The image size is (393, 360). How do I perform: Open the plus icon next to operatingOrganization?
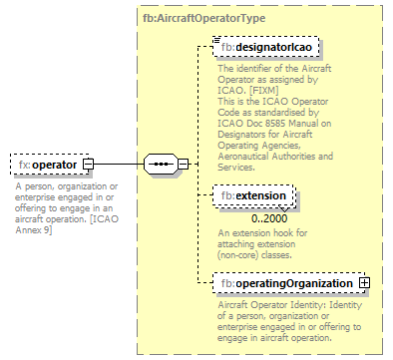tap(364, 283)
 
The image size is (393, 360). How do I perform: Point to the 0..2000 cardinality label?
tap(269, 217)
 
